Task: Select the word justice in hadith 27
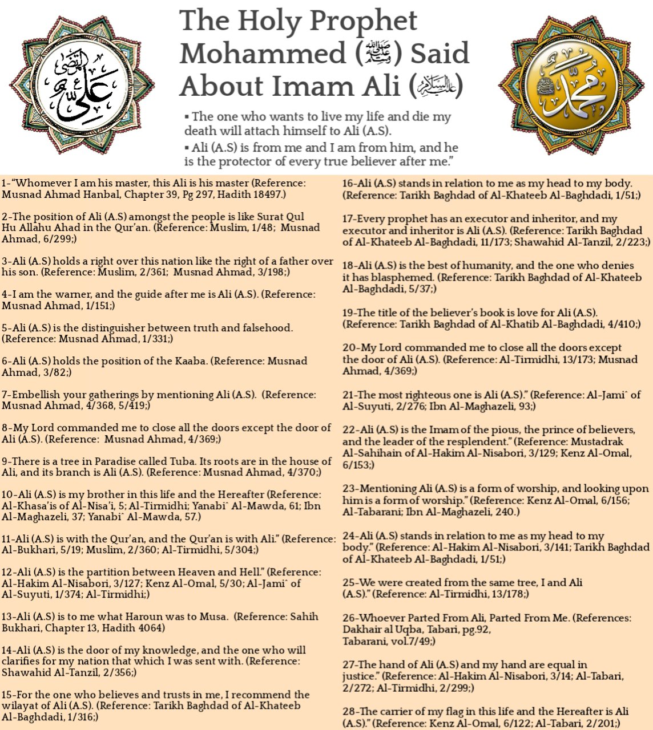click(x=361, y=676)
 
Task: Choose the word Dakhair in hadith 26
click(x=361, y=630)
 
